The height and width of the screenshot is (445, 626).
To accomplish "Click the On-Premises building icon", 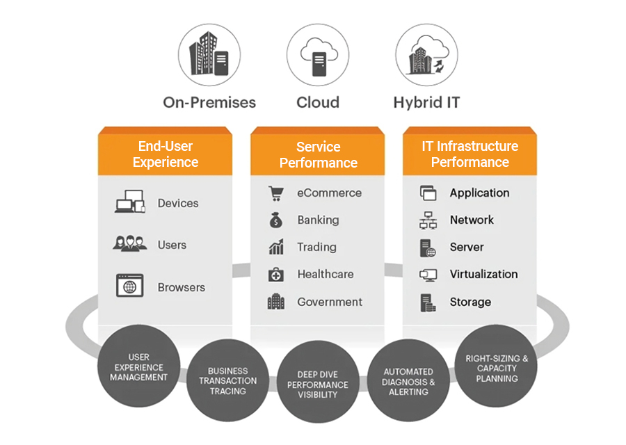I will [x=209, y=54].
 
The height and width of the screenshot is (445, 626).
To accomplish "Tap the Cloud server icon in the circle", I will [x=318, y=54].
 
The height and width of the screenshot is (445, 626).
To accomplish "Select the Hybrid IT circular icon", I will [x=426, y=54].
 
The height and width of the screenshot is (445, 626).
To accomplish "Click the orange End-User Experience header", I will [x=166, y=154].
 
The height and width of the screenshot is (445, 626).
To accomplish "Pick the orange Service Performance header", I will [x=318, y=154].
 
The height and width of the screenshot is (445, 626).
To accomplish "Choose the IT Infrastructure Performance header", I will [x=469, y=154].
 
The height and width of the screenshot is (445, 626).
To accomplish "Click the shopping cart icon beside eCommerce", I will [x=276, y=193].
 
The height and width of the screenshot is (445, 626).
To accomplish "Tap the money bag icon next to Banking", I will [x=276, y=220].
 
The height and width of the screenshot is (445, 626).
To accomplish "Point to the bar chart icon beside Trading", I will [x=276, y=247].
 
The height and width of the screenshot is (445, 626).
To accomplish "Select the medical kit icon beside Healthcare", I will [x=276, y=275].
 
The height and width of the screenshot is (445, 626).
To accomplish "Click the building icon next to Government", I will [x=276, y=302].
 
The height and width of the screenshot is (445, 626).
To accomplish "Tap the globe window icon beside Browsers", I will [x=129, y=286].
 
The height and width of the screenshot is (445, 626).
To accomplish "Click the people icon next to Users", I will [x=129, y=244].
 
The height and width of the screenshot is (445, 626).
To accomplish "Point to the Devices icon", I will [x=129, y=203].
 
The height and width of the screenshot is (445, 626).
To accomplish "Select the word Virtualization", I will [x=483, y=274].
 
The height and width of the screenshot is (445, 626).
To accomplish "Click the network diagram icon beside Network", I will [x=428, y=220].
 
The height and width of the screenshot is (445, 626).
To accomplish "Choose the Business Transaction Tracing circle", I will [x=227, y=380].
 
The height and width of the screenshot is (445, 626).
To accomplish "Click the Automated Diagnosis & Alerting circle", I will [x=408, y=381].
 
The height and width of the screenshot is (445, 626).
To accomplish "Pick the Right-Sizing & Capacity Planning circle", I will [x=497, y=368].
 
